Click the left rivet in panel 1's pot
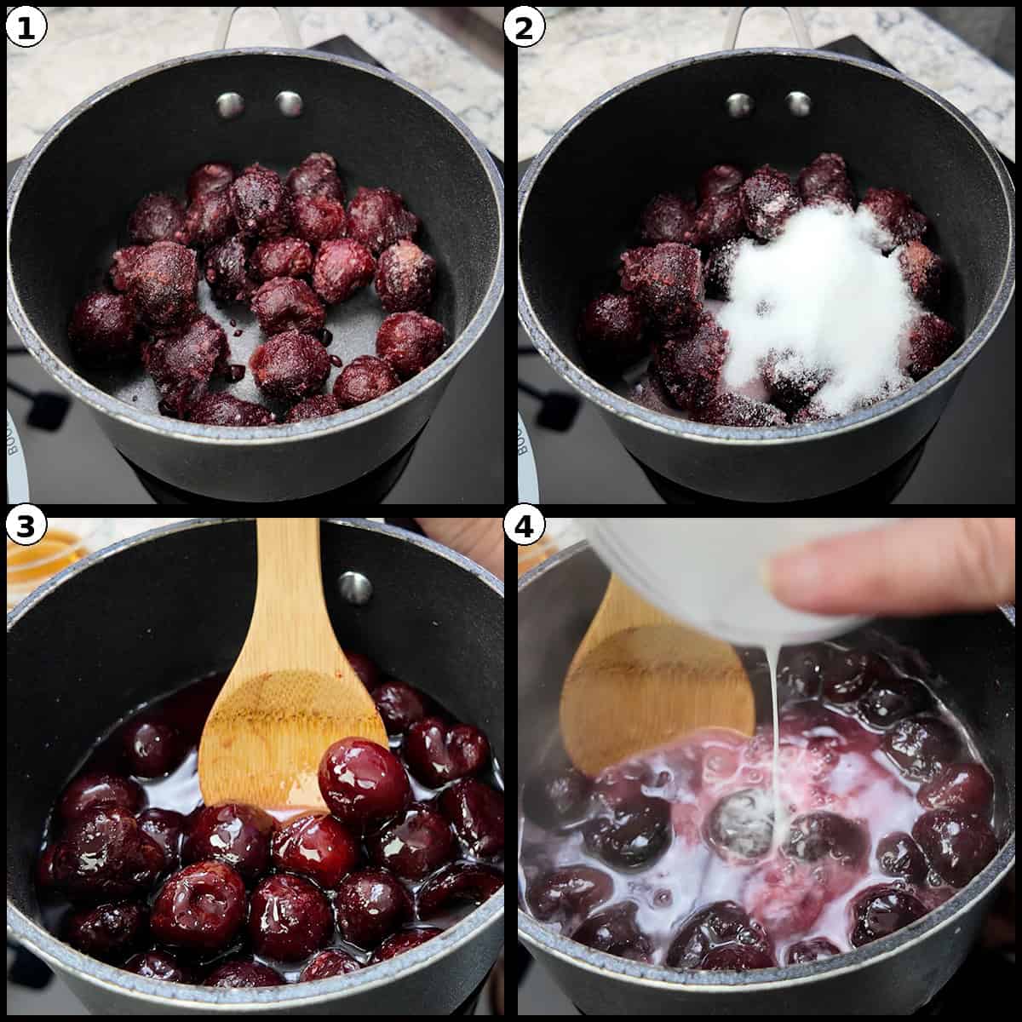[x=229, y=105]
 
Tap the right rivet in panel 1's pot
[x=289, y=104]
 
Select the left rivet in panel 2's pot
[x=739, y=105]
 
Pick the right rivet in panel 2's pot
[x=798, y=104]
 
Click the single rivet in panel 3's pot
[x=354, y=587]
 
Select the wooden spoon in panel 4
[x=647, y=681]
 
